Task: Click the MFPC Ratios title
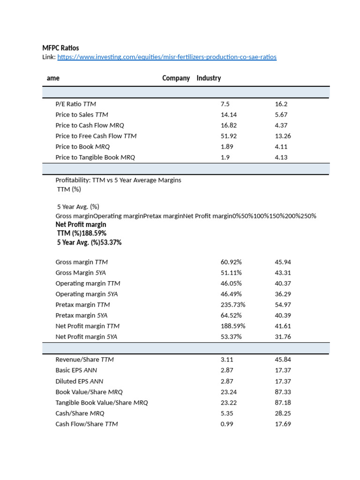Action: pyautogui.click(x=60, y=48)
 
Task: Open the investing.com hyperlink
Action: pyautogui.click(x=167, y=57)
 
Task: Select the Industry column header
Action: pyautogui.click(x=209, y=78)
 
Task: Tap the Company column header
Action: pyautogui.click(x=176, y=78)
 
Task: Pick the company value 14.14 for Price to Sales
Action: pyautogui.click(x=229, y=115)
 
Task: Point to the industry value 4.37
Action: pyautogui.click(x=281, y=125)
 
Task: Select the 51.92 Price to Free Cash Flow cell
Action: pyautogui.click(x=229, y=136)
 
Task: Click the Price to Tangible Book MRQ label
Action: pyautogui.click(x=95, y=157)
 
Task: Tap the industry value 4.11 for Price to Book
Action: pyautogui.click(x=281, y=147)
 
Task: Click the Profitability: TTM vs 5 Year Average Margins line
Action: pyautogui.click(x=118, y=180)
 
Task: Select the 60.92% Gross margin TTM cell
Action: pyautogui.click(x=231, y=262)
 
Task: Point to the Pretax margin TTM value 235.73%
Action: pyautogui.click(x=233, y=305)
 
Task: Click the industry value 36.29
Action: pyautogui.click(x=283, y=294)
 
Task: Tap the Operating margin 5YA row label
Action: pyautogui.click(x=87, y=294)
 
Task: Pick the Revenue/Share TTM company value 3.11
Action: pyautogui.click(x=227, y=360)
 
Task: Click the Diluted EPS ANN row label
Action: pyautogui.click(x=79, y=381)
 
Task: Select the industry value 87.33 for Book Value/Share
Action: pyautogui.click(x=283, y=392)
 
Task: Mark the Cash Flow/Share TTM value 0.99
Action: pyautogui.click(x=227, y=424)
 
